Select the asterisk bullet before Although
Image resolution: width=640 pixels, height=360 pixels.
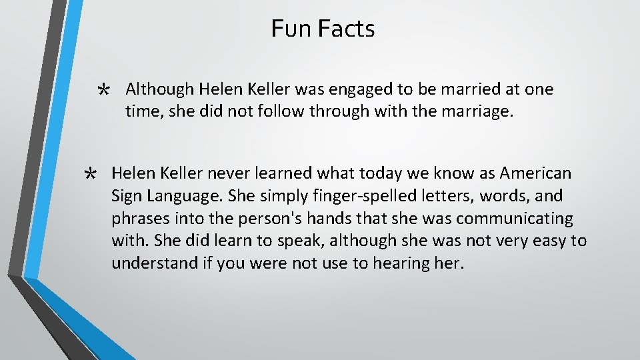tap(103, 91)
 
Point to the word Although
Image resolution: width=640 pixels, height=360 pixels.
tap(158, 89)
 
